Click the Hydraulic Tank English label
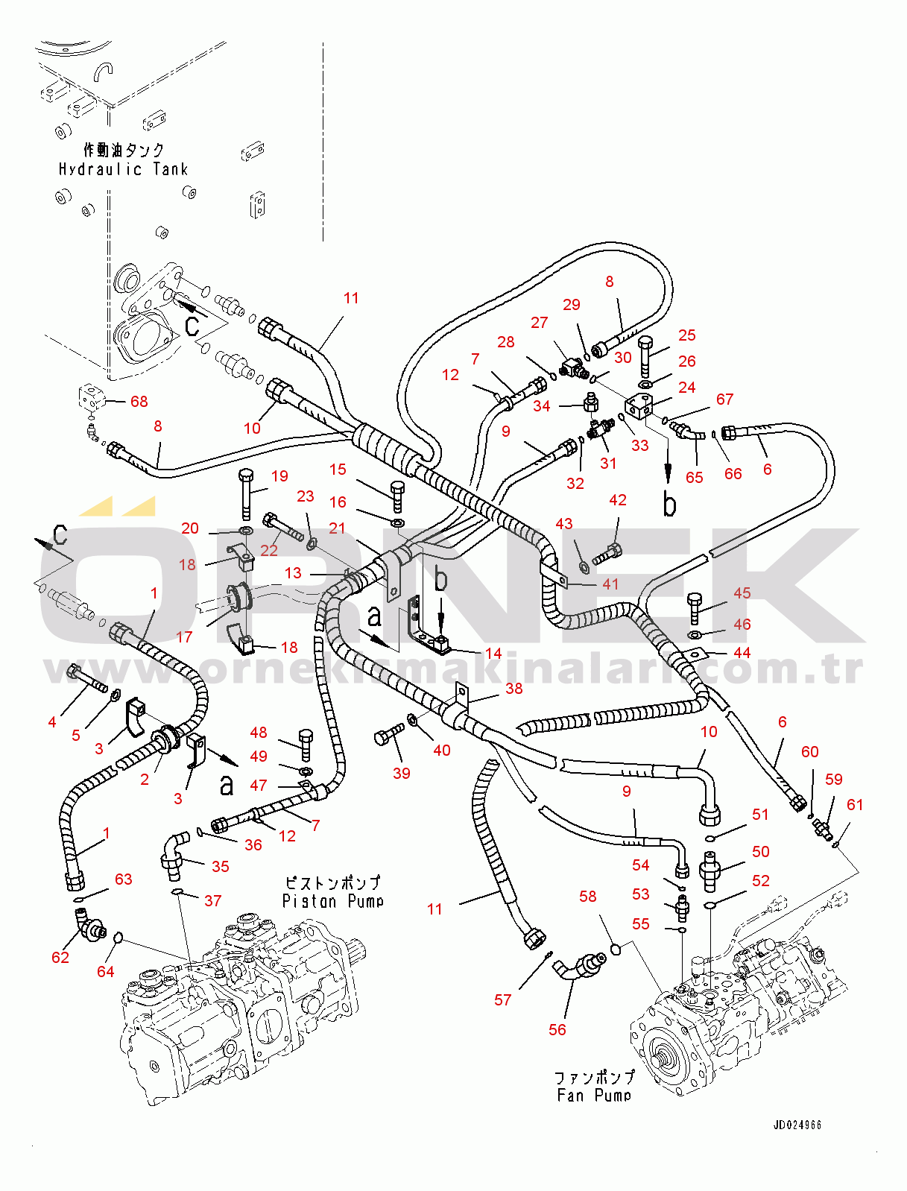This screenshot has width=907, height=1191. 123,169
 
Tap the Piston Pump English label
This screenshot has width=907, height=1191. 332,901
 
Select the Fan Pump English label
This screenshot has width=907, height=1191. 594,1095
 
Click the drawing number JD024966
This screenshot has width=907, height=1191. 797,1125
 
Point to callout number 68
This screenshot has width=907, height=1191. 139,401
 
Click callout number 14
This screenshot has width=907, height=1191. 493,653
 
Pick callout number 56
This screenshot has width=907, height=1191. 557,1029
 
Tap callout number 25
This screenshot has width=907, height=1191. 687,335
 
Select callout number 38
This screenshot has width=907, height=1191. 514,688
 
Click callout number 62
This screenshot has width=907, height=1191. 60,957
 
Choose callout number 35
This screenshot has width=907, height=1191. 221,866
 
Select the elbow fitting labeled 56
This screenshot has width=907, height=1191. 581,966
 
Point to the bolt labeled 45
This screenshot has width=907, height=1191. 695,607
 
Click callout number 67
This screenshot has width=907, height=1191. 724,399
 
